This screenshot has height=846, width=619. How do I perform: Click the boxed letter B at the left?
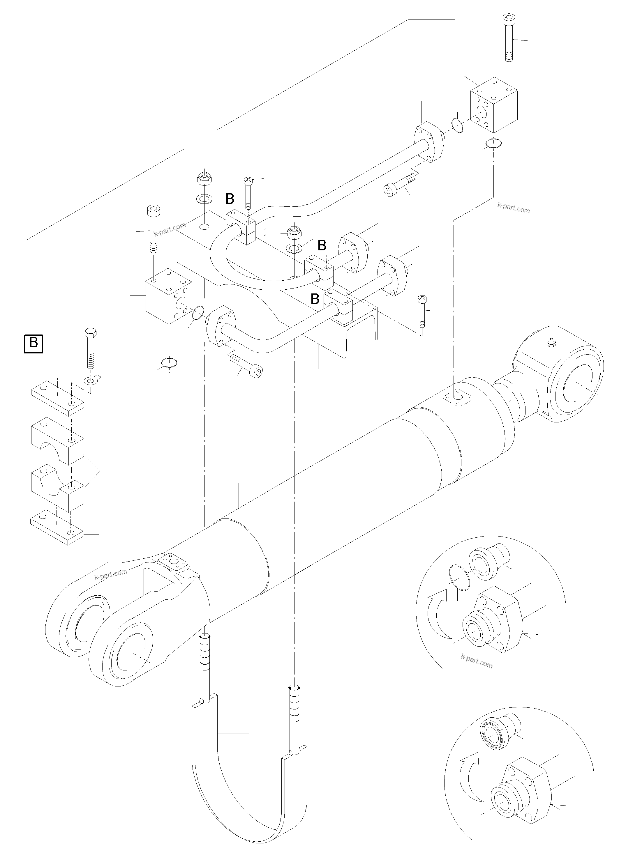click(33, 343)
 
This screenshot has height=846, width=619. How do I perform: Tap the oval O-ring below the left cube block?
click(169, 362)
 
